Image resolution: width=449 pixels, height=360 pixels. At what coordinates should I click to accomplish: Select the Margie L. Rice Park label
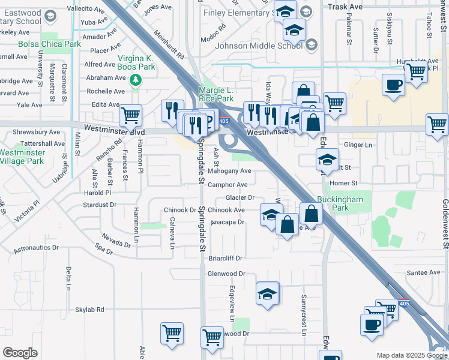pyautogui.click(x=216, y=95)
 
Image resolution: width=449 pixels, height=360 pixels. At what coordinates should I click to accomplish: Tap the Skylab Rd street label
pyautogui.click(x=89, y=310)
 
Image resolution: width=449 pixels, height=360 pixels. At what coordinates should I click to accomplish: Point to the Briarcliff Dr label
pyautogui.click(x=225, y=258)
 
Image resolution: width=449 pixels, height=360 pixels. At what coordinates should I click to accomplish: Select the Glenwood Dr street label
pyautogui.click(x=226, y=273)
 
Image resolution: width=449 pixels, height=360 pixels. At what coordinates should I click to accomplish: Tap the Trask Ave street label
pyautogui.click(x=346, y=6)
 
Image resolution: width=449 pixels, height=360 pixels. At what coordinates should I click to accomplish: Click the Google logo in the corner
pyautogui.click(x=20, y=353)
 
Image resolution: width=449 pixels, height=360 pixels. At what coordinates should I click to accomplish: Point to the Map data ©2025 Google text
pyautogui.click(x=411, y=355)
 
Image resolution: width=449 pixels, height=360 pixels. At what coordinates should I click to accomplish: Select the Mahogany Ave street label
pyautogui.click(x=229, y=171)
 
